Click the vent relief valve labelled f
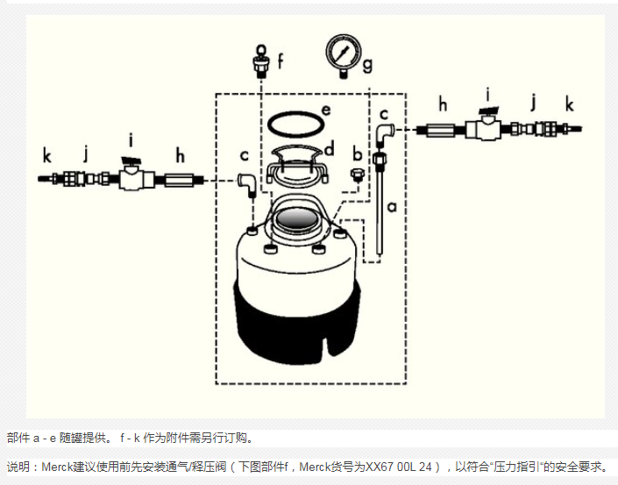[262, 61]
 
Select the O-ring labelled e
[295, 122]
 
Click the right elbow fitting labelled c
[383, 133]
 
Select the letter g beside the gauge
[368, 64]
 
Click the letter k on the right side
[570, 104]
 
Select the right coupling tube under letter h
[443, 130]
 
